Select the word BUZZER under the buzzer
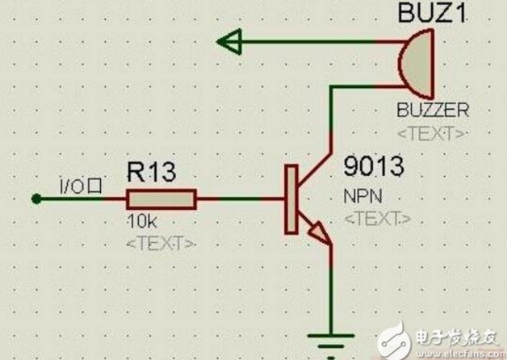point(432,110)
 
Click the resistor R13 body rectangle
point(161,199)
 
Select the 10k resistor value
point(142,221)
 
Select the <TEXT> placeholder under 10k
point(160,241)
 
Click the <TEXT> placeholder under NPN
point(377,218)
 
